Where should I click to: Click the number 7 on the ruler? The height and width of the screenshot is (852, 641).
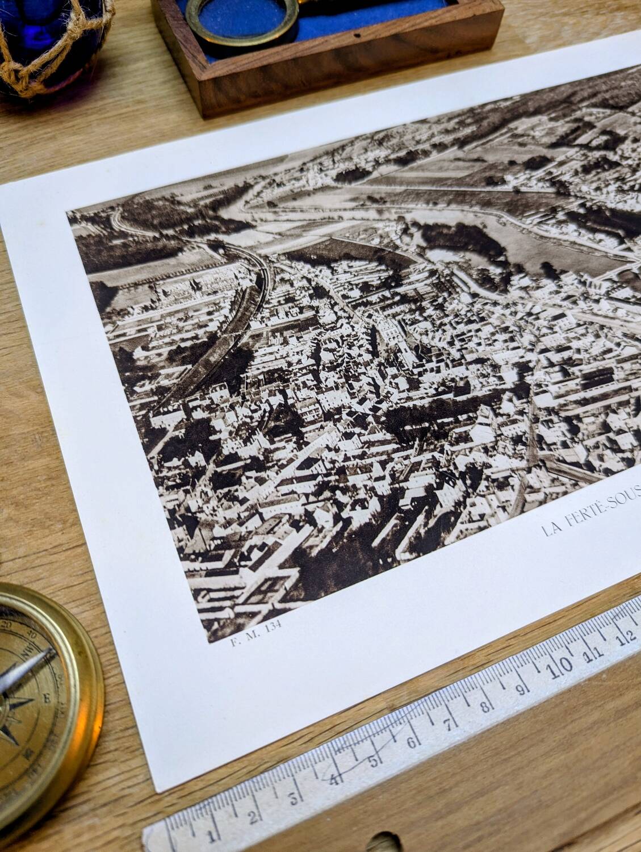(448, 722)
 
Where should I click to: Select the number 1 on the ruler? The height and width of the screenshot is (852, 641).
(211, 836)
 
